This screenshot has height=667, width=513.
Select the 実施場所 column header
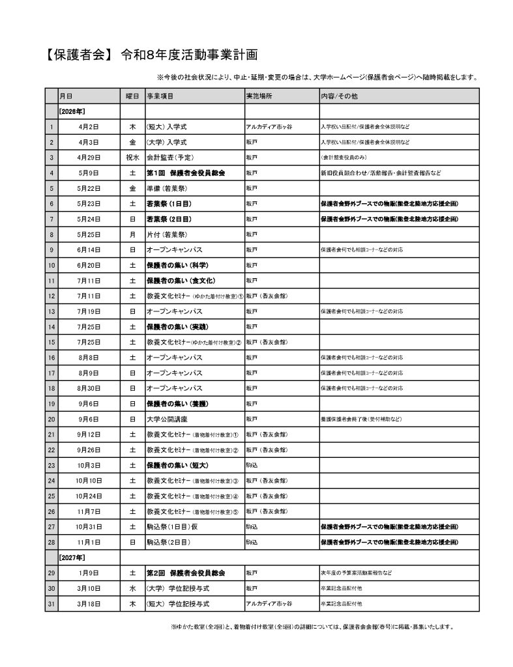[259, 96]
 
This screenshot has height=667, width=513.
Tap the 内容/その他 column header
[339, 96]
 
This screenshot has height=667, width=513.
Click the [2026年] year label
[72, 111]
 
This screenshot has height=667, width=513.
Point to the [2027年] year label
[72, 558]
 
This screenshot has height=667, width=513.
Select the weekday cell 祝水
[132, 157]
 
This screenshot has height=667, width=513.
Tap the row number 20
[51, 419]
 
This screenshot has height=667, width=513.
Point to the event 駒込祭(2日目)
[169, 542]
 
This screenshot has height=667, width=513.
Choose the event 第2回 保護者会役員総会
[186, 573]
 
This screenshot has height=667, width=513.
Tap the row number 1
[51, 126]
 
